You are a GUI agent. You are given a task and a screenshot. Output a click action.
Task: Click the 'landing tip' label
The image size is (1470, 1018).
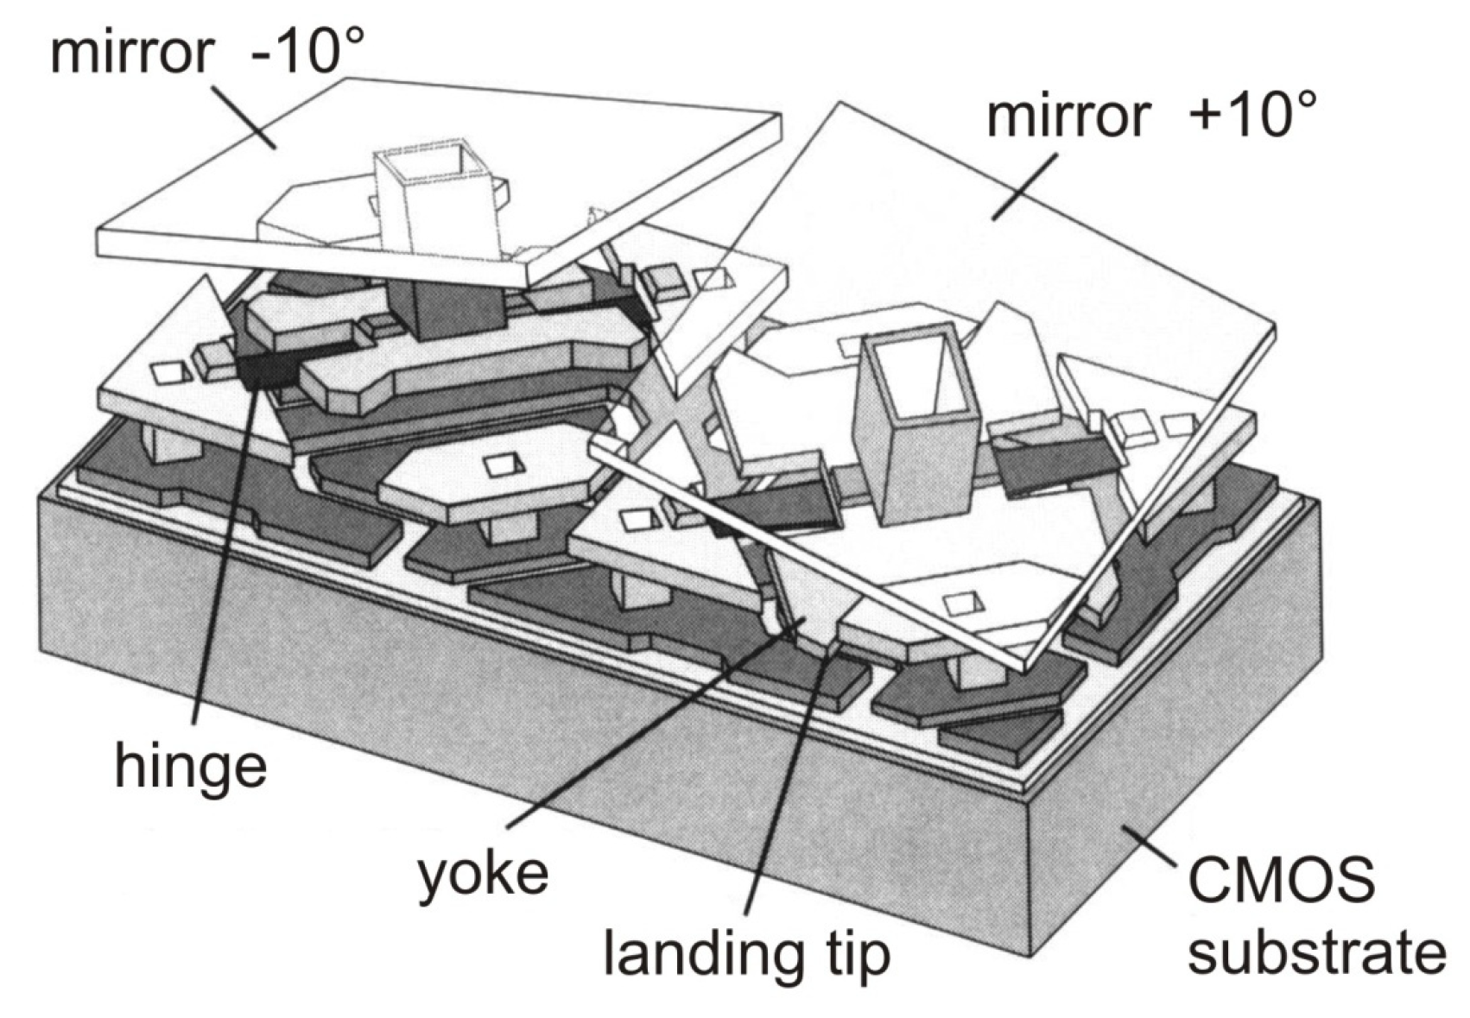746,952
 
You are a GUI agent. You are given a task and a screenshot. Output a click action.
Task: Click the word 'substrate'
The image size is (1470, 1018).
1316,953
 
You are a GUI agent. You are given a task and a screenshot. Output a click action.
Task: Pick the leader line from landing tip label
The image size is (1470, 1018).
782,777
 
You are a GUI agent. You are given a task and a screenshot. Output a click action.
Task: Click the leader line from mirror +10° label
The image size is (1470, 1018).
1023,186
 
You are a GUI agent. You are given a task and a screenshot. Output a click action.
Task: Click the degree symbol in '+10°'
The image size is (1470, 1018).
1300,98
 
